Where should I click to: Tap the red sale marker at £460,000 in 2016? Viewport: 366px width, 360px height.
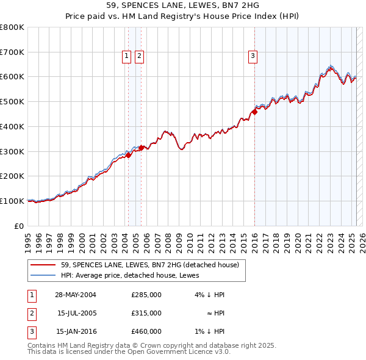[254, 112]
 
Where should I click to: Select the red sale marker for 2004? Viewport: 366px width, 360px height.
[129, 155]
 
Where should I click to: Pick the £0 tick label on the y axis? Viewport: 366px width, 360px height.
[20, 226]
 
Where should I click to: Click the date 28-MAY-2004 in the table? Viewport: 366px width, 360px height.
[76, 295]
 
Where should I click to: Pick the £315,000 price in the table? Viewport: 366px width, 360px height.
[146, 313]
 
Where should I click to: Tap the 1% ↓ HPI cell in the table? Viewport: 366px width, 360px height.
[213, 331]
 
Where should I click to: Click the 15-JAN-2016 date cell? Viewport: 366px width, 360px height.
[76, 331]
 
